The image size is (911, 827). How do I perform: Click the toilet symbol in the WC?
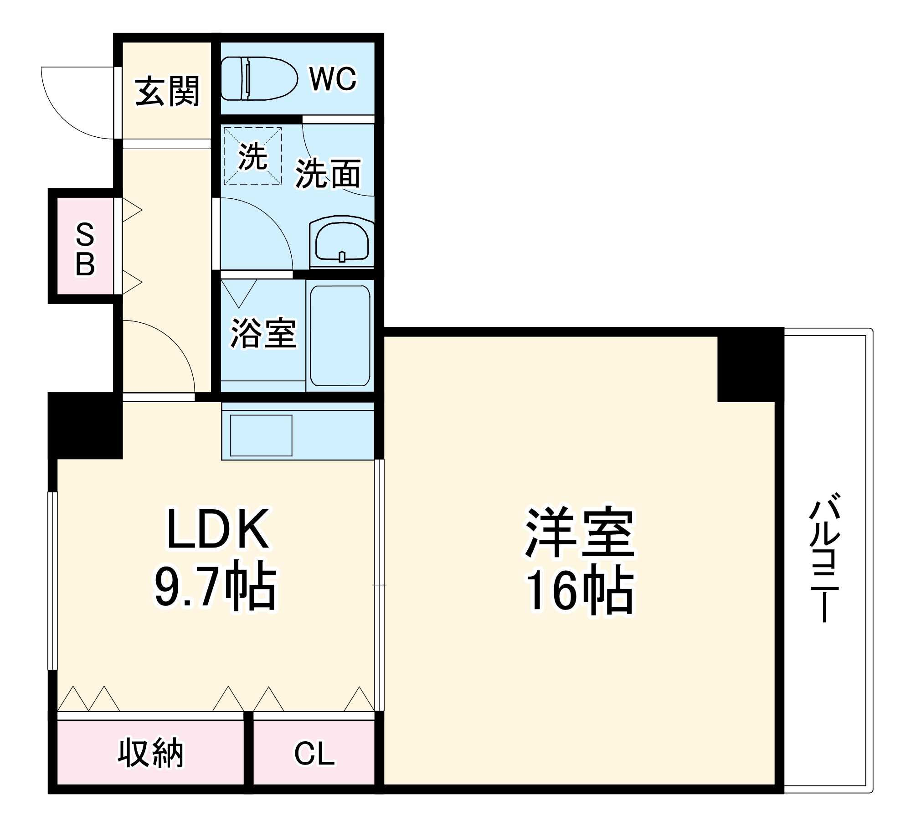[x=258, y=78]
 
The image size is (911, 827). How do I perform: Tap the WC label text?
[x=333, y=79]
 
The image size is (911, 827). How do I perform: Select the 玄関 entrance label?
[x=167, y=91]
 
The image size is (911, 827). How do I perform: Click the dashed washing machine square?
[x=252, y=156]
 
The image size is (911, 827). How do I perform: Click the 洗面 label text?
[x=328, y=173]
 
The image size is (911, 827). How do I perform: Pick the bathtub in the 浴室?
[x=340, y=335]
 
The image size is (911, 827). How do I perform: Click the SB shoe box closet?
[x=85, y=249]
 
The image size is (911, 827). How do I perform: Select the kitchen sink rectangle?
[x=261, y=435]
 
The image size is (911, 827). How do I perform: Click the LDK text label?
[x=217, y=529]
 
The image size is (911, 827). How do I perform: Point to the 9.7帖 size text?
[x=215, y=588]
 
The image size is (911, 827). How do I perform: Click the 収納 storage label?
[x=150, y=753]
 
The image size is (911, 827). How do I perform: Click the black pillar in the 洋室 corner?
[x=750, y=365]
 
